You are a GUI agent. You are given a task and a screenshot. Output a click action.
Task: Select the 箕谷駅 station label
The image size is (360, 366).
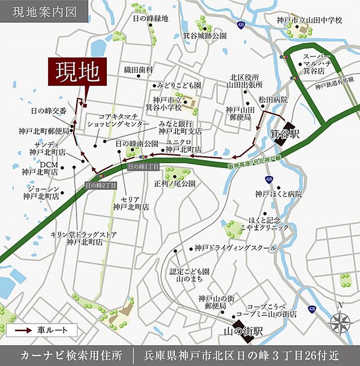pyautogui.click(x=283, y=134)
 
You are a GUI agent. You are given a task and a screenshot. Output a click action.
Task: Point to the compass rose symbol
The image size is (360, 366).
pyautogui.click(x=340, y=321)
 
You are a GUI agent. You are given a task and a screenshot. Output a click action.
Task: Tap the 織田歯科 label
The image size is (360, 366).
pyautogui.click(x=138, y=69)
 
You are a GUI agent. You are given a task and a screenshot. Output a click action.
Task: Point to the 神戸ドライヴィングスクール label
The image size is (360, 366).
pyautogui.click(x=235, y=247)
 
